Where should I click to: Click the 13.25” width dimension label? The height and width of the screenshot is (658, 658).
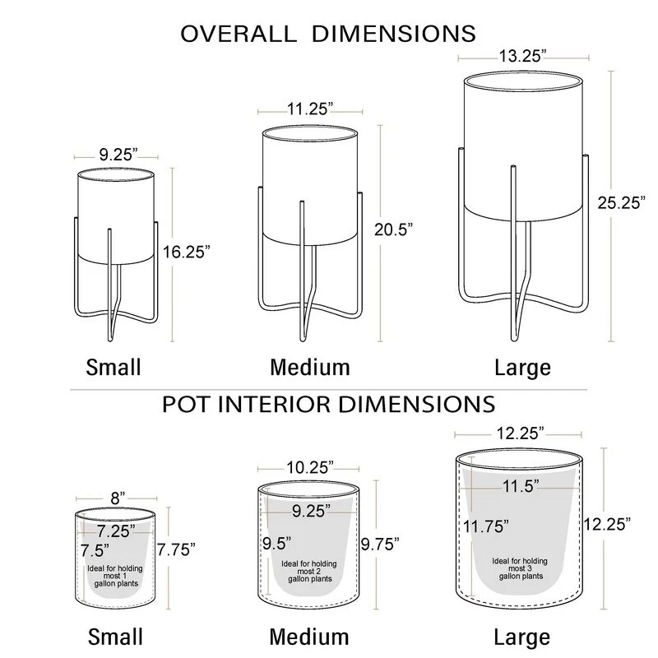522,56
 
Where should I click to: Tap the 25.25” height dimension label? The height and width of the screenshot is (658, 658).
622,202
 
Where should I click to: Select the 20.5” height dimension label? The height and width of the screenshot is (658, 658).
394,229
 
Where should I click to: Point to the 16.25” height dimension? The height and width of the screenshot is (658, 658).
187,252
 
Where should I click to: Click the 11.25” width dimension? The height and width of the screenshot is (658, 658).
310,109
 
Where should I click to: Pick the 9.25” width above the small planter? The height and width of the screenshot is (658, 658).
118,155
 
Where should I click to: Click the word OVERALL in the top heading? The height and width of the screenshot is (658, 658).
239,34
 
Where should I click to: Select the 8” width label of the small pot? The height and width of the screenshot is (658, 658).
118,498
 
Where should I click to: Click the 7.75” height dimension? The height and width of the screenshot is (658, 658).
176,549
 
